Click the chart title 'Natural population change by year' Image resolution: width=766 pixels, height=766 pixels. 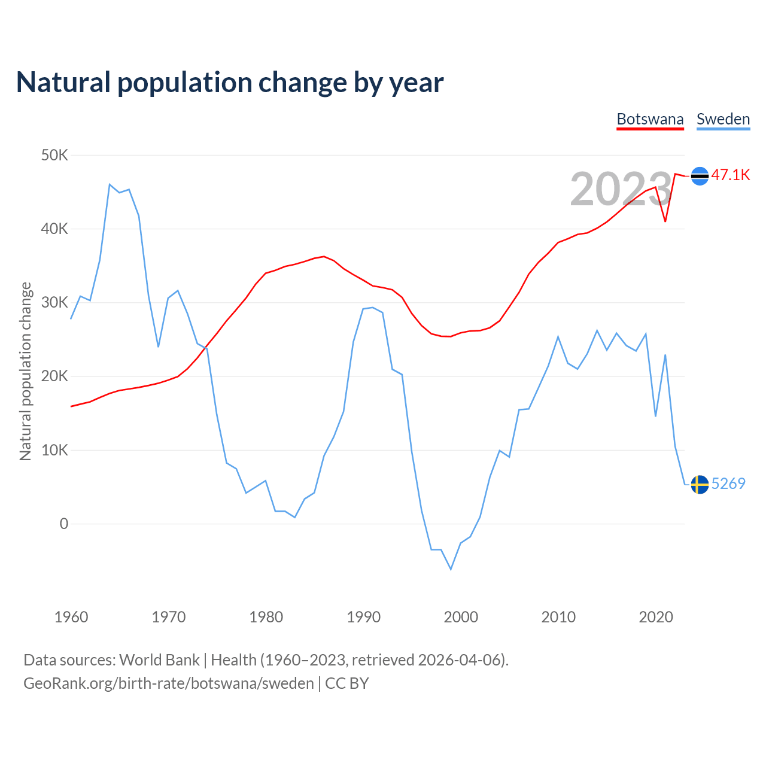point(230,83)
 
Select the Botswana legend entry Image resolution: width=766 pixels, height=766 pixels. point(650,120)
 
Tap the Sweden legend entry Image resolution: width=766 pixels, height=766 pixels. point(723,120)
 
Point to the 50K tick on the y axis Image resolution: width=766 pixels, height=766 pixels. point(54,156)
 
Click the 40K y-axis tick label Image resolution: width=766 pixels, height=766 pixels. point(54,229)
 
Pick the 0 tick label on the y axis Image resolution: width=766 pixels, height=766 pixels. point(64,524)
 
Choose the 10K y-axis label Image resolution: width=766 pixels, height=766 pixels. point(54,451)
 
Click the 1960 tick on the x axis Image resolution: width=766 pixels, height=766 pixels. point(71,617)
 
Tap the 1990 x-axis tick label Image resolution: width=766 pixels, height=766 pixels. point(364,617)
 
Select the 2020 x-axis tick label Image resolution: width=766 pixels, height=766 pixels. point(656,617)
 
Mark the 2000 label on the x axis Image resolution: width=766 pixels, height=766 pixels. point(461,617)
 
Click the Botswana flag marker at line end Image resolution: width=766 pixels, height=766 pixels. point(700,176)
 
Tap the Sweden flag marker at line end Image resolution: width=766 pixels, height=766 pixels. point(700,484)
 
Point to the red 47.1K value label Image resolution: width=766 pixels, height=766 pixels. point(731,175)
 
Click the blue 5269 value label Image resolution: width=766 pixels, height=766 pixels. point(728,484)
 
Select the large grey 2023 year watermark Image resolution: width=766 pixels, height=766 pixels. point(621,189)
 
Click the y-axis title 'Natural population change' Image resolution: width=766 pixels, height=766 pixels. point(26,372)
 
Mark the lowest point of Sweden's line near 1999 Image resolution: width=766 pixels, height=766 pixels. point(451,569)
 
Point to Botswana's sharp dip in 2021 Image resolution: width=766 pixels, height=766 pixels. point(665,221)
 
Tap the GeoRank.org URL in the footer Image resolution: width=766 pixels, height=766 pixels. point(168,683)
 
